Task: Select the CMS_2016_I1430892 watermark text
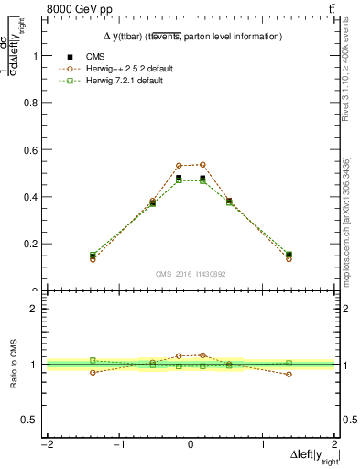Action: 191,273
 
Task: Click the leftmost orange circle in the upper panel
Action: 93,259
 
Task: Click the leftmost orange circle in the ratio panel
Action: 93,372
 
